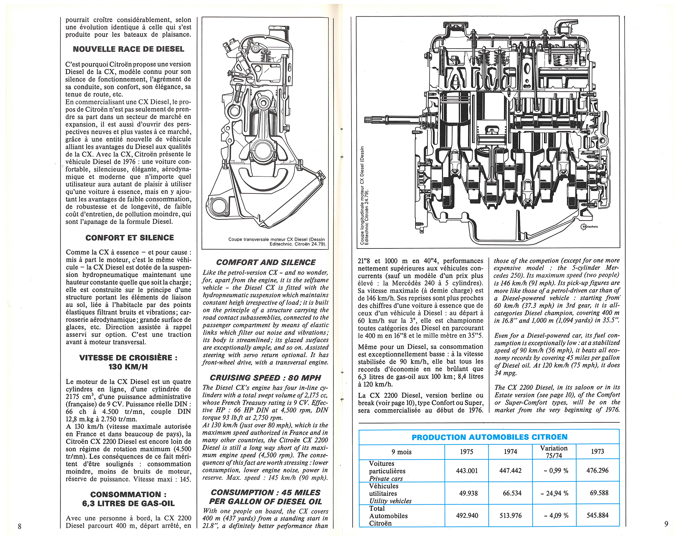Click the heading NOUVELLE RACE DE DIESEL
click(x=129, y=49)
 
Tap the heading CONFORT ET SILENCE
click(x=130, y=238)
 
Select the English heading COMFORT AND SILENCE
click(x=266, y=262)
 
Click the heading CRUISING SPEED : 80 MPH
click(x=265, y=378)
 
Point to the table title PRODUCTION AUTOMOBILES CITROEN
click(x=489, y=437)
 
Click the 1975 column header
click(x=466, y=452)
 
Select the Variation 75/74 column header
click(x=554, y=452)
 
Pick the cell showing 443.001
click(x=467, y=471)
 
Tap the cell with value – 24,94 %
click(x=554, y=493)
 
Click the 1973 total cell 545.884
click(x=597, y=515)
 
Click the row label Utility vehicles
click(x=390, y=501)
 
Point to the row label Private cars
click(x=386, y=478)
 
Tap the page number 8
click(x=20, y=526)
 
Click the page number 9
click(x=666, y=524)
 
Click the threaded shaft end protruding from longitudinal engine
click(x=369, y=120)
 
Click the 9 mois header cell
click(x=402, y=452)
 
